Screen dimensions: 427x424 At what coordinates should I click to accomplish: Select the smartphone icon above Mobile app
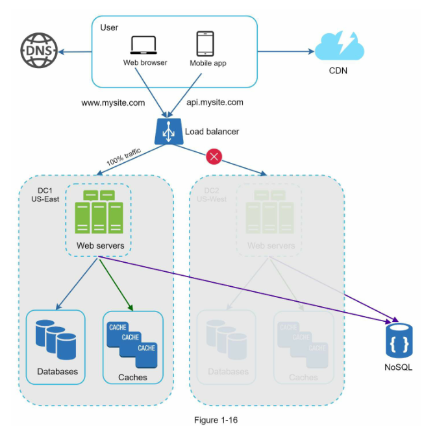point(206,43)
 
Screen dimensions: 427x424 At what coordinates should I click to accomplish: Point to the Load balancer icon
point(168,132)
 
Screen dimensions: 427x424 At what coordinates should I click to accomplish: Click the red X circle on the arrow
point(214,156)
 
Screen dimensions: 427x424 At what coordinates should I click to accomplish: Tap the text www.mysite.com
point(113,103)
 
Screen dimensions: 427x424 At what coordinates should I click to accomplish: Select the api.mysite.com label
point(214,103)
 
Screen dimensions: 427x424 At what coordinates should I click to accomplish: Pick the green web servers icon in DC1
point(98,212)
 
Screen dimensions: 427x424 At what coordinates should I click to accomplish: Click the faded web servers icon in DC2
point(269,212)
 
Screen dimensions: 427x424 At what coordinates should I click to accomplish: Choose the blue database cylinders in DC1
point(56,339)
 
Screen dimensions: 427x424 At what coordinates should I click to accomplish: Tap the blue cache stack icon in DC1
point(132,339)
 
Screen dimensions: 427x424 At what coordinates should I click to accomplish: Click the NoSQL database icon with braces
point(399,341)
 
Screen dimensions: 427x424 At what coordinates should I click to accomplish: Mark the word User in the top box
point(109,27)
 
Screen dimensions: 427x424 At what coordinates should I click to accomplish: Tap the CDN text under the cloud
point(338,71)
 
